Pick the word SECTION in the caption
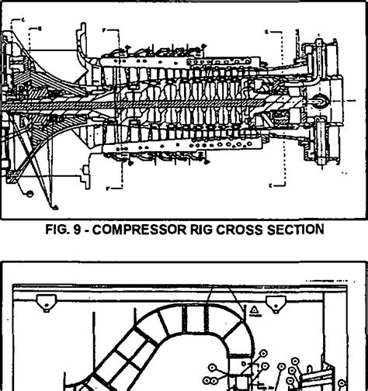(293, 230)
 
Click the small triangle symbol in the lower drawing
(254, 309)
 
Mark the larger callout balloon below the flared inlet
(30, 189)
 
